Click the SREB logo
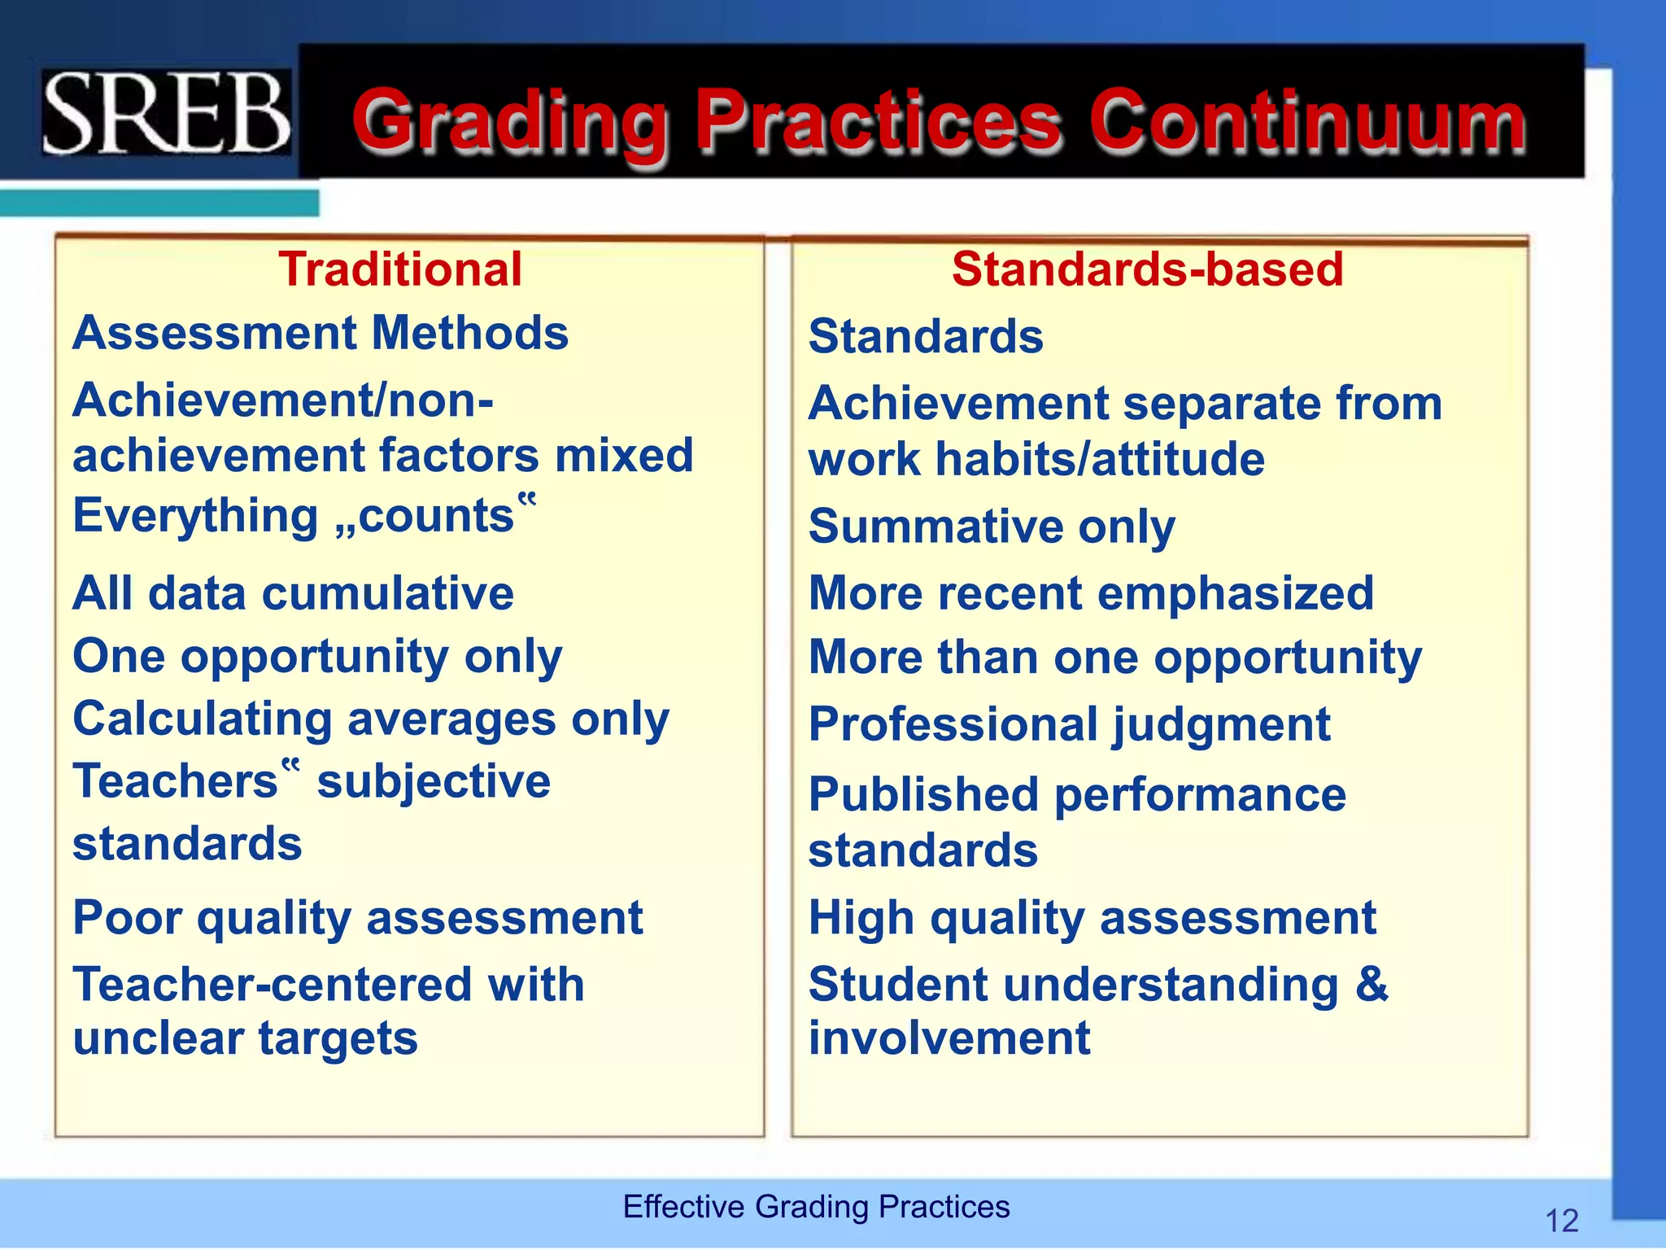click(x=167, y=112)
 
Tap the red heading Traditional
click(x=399, y=269)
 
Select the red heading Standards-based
click(x=1147, y=269)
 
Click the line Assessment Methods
click(x=321, y=334)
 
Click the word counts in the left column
click(x=435, y=516)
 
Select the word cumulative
click(x=388, y=593)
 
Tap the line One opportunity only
click(x=317, y=657)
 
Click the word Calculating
click(x=203, y=720)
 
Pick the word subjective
click(x=434, y=782)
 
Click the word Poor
click(x=127, y=918)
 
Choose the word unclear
click(x=158, y=1039)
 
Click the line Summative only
click(x=992, y=527)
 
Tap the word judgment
click(x=1221, y=725)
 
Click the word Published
click(x=923, y=795)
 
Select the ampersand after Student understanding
click(x=1372, y=984)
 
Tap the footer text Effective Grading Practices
click(x=816, y=1207)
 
